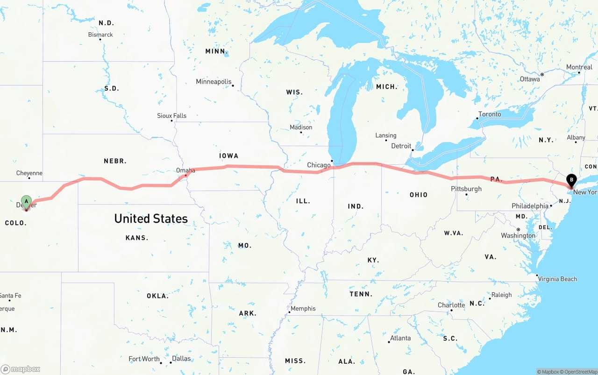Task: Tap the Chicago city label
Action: [319, 165]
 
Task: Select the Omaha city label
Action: [185, 170]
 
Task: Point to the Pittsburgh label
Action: [466, 189]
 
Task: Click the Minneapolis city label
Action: [214, 82]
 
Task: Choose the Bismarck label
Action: [100, 35]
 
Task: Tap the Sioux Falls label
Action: [171, 116]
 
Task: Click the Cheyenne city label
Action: [29, 173]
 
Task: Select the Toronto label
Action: [490, 114]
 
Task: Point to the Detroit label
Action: [401, 146]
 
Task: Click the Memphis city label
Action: [303, 309]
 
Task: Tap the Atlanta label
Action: [400, 338]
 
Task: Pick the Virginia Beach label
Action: [557, 279]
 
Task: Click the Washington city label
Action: [518, 235]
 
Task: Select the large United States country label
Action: [151, 219]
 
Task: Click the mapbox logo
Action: [21, 369]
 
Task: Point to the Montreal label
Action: [579, 67]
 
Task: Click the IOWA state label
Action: [228, 156]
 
